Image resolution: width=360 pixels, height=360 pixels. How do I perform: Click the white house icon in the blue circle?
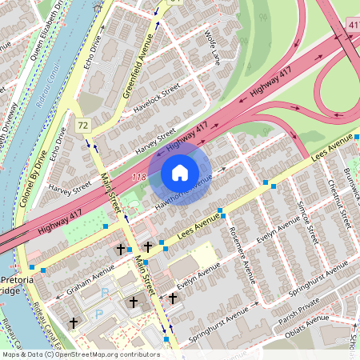click(x=180, y=173)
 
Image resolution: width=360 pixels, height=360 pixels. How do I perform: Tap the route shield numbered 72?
click(x=82, y=126)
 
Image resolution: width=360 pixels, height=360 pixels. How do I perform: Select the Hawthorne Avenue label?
click(x=186, y=186)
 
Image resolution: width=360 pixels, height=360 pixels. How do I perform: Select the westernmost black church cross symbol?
click(x=74, y=322)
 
